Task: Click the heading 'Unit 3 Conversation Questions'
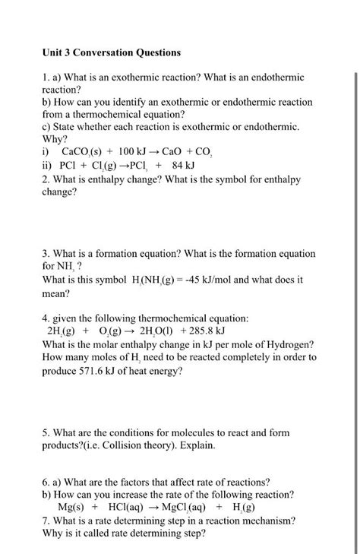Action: coord(112,52)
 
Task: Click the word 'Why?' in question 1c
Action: coord(55,140)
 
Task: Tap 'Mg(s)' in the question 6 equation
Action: coord(72,507)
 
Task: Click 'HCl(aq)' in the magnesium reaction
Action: coord(131,507)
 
